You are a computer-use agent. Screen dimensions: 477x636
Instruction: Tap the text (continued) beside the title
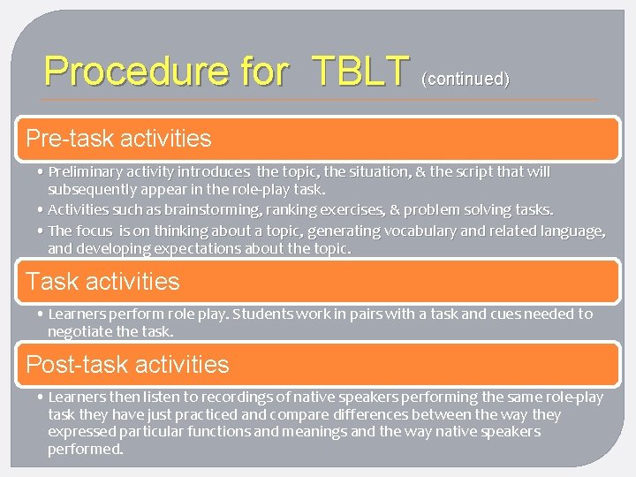[x=466, y=79]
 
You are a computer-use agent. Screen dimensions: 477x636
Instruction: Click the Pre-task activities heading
[x=119, y=139]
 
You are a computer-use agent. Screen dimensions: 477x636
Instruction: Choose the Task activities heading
[x=102, y=282]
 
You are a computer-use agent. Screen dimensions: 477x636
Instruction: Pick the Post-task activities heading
[x=127, y=364]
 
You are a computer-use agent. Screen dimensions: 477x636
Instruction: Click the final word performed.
[x=86, y=449]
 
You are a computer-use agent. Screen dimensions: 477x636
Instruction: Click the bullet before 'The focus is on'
[x=42, y=231]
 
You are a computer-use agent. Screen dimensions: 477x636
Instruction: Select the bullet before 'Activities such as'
[x=42, y=210]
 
